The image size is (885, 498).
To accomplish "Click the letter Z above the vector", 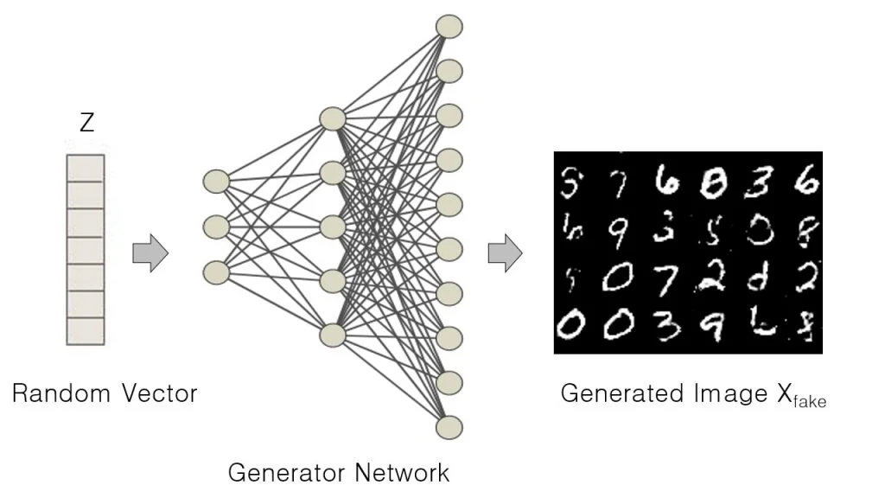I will [86, 124].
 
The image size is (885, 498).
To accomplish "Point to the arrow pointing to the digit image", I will [505, 253].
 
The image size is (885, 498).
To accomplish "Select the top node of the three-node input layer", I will [216, 182].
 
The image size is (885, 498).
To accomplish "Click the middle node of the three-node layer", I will [216, 227].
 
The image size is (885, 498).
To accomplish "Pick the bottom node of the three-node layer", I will [216, 272].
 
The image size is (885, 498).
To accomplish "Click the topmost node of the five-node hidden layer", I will [333, 118].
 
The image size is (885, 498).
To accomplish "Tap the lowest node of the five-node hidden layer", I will [333, 335].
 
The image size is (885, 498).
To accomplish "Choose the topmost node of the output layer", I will [449, 25].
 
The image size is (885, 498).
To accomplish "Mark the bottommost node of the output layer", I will [449, 426].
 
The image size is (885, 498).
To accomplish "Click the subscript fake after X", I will [810, 400].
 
